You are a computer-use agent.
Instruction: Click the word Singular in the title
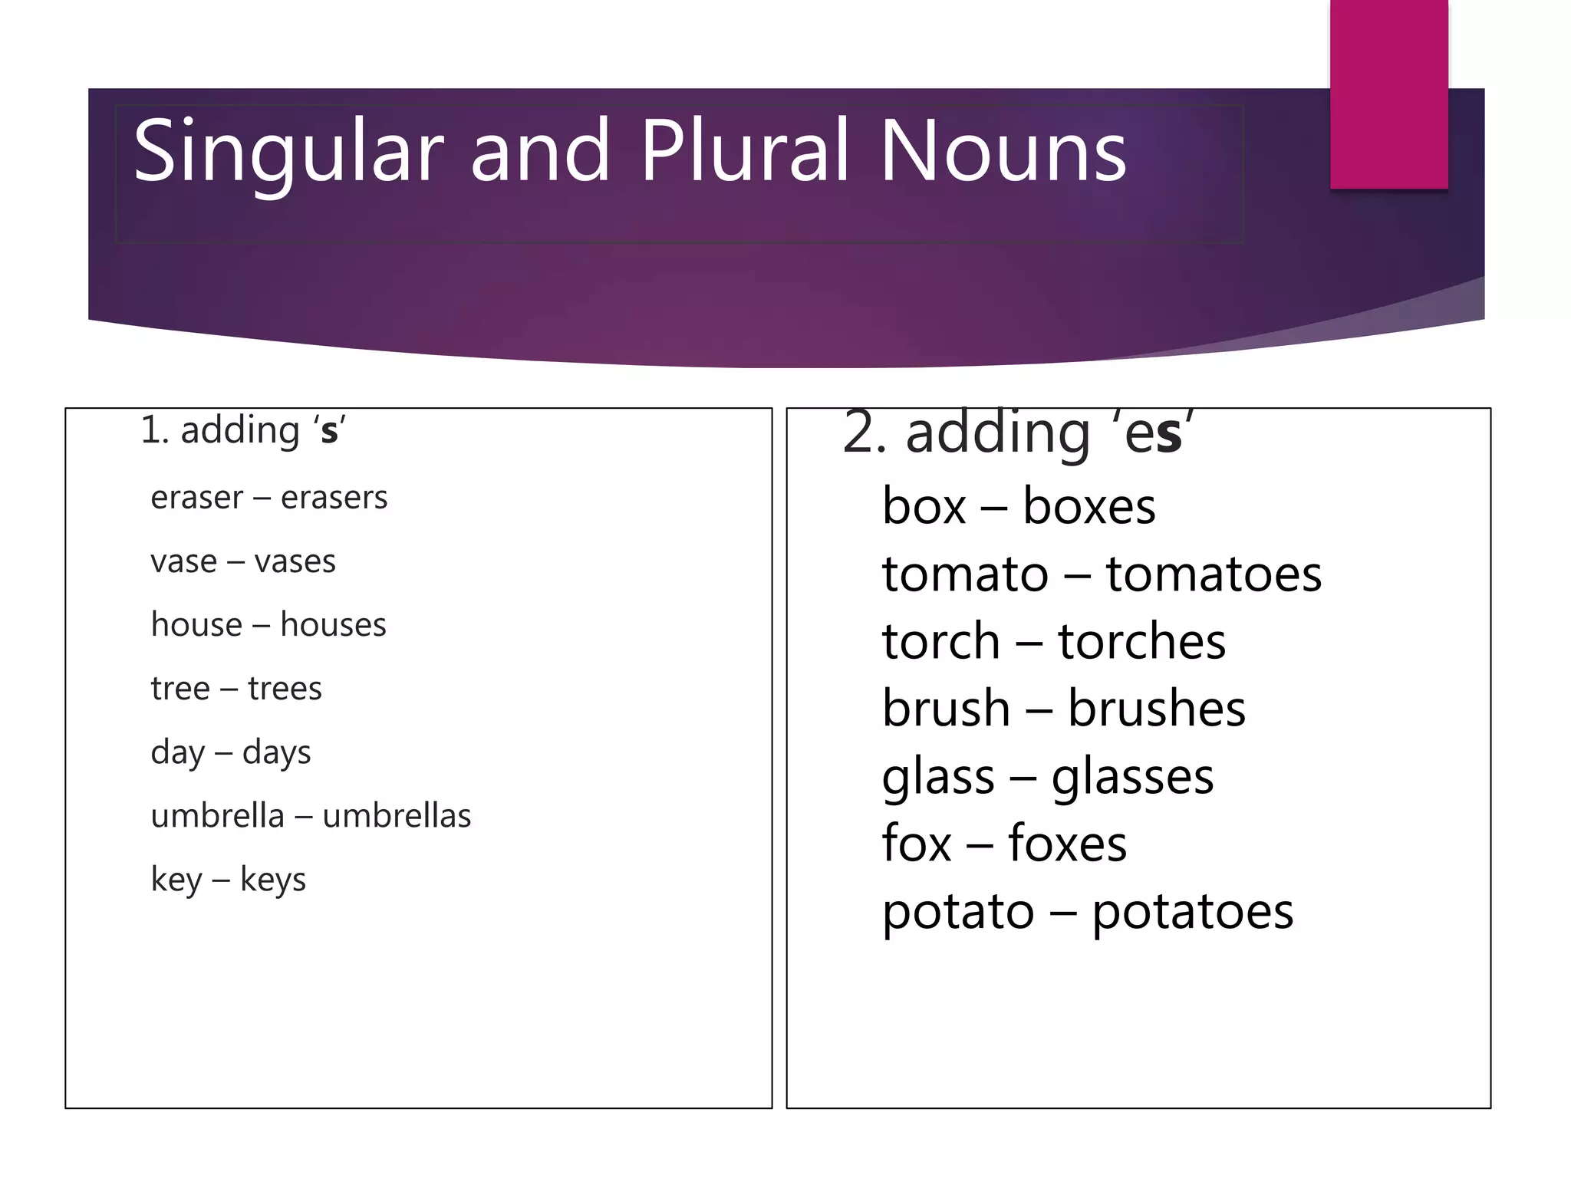point(288,152)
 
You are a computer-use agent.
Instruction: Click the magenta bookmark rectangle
point(1388,94)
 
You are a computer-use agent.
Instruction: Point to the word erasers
point(334,498)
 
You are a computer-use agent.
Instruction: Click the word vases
point(295,562)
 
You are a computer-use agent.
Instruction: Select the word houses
point(333,625)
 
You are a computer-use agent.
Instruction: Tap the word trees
point(285,689)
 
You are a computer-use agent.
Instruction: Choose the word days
point(276,753)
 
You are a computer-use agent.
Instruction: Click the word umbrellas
point(397,816)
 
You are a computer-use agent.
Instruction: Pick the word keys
point(272,880)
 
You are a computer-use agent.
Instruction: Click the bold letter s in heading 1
point(329,432)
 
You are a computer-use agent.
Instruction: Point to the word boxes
point(1089,507)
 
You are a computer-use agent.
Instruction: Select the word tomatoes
point(1213,574)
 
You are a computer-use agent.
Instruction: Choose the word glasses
point(1132,778)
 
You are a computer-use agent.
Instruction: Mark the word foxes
point(1067,844)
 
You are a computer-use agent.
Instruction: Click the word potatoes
point(1192,912)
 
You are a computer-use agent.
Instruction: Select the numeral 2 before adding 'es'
point(858,433)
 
